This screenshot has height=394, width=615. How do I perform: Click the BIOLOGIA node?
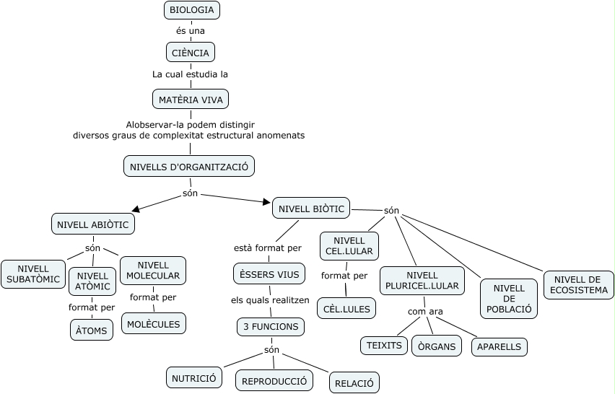(x=191, y=10)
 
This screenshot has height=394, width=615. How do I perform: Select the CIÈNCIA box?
(x=191, y=53)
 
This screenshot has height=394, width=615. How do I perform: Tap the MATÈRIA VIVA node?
(x=191, y=99)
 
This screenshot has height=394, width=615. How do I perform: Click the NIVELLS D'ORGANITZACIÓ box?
(x=189, y=167)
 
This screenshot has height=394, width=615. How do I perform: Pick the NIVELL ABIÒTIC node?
(x=93, y=224)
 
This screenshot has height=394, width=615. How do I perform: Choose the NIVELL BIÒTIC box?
(x=311, y=209)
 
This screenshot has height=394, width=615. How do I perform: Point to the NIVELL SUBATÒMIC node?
(x=33, y=274)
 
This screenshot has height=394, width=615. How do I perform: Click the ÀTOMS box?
(x=92, y=330)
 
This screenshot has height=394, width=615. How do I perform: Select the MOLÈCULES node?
(x=153, y=323)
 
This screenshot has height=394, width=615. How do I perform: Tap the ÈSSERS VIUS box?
(x=269, y=274)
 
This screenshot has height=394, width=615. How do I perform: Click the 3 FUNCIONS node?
(x=270, y=327)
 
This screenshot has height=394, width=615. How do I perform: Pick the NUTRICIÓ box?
(x=194, y=377)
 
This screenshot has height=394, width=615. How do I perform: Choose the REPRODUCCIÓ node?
(x=274, y=380)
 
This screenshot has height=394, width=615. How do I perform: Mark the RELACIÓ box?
(x=354, y=382)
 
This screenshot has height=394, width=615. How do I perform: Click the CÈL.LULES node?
(x=346, y=308)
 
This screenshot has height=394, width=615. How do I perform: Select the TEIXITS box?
(x=384, y=346)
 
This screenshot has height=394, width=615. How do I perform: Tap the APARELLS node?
(x=499, y=346)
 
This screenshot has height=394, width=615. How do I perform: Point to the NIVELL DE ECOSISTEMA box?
(x=579, y=285)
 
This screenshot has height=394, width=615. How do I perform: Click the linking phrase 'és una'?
(x=191, y=31)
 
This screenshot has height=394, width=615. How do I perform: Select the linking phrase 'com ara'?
(x=425, y=312)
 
